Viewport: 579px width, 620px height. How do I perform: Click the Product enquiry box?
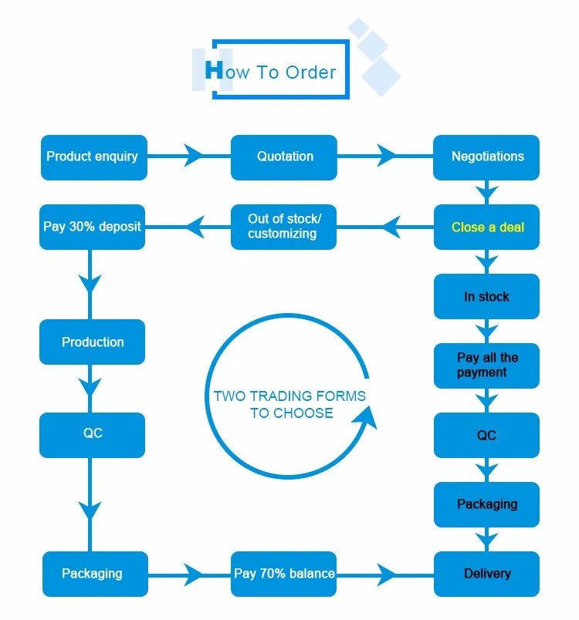[93, 157]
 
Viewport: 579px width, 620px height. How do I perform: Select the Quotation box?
[284, 157]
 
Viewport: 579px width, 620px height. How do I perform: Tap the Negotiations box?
[486, 157]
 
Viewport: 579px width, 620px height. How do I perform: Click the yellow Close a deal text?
[488, 227]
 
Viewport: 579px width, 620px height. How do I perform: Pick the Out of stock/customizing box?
[284, 227]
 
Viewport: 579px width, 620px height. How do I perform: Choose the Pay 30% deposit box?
[93, 227]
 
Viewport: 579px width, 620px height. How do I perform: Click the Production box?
[93, 342]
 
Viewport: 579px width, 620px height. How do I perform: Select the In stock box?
[486, 296]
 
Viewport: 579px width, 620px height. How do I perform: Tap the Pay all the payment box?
[486, 366]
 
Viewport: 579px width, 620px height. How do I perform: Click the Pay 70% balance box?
[284, 574]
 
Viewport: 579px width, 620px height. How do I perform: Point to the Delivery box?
[486, 574]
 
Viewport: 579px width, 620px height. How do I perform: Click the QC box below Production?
[93, 434]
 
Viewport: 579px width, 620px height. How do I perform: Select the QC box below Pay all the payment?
[486, 435]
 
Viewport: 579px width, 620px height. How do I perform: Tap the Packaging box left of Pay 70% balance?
[93, 574]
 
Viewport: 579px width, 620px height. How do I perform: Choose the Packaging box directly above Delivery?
[486, 504]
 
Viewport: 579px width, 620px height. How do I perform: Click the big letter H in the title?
[214, 70]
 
